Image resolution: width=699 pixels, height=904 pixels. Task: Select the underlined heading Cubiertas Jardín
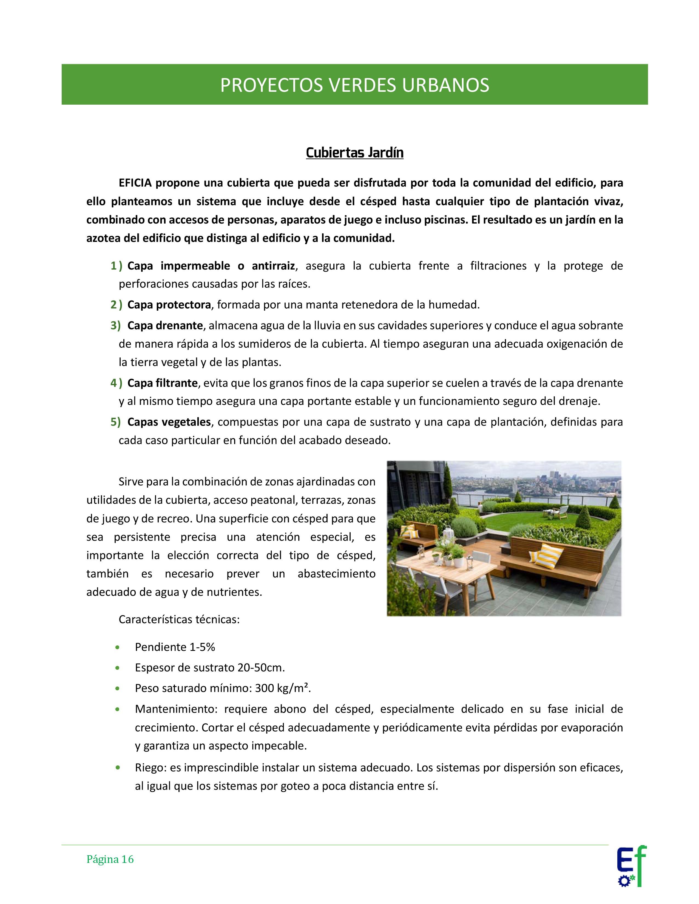pos(354,153)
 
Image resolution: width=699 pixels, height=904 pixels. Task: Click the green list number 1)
pos(116,266)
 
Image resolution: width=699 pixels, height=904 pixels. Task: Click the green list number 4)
pos(116,383)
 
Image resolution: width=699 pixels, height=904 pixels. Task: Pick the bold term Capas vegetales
pos(169,422)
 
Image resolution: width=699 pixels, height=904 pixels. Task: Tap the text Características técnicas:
pos(179,620)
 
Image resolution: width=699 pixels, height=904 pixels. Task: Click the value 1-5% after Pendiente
pos(202,647)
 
